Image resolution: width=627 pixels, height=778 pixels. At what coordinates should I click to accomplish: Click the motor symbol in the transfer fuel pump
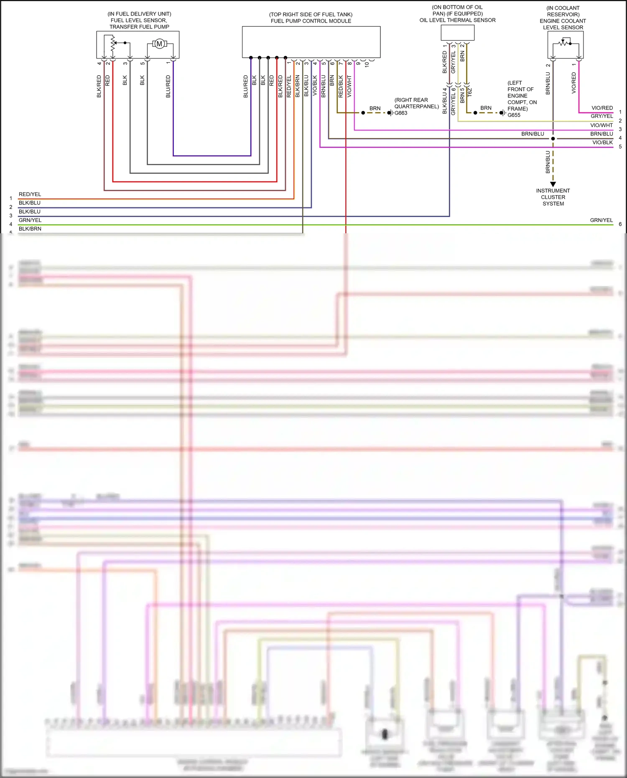(x=159, y=43)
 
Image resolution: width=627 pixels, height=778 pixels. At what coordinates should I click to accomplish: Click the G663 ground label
(x=401, y=113)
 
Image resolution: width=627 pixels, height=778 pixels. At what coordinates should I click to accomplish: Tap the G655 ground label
(x=514, y=115)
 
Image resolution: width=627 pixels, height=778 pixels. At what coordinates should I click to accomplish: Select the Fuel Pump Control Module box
(x=311, y=42)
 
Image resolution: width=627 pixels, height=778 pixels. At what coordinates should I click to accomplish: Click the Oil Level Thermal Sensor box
(x=457, y=33)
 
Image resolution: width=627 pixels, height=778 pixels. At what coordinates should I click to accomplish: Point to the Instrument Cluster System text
(x=553, y=197)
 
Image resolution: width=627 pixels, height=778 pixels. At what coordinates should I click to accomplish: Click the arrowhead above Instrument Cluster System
(x=553, y=184)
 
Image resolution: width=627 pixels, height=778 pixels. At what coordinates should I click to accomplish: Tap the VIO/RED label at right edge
(x=602, y=108)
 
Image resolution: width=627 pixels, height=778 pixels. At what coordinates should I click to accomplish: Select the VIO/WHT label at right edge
(x=601, y=125)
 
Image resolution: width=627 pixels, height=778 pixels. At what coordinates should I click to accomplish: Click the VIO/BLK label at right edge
(x=602, y=143)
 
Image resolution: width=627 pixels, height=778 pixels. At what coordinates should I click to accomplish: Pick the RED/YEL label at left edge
(x=30, y=194)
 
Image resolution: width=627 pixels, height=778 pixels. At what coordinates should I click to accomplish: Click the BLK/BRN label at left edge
(x=30, y=229)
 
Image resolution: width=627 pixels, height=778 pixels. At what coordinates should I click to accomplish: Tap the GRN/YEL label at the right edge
(x=601, y=220)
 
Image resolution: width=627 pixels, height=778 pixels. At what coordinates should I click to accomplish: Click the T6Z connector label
(x=470, y=92)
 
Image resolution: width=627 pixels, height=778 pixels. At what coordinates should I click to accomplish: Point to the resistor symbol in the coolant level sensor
(x=565, y=42)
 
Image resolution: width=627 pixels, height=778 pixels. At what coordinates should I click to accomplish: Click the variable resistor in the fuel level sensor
(x=113, y=44)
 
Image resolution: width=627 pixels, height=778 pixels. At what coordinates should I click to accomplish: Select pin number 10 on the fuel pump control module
(x=367, y=64)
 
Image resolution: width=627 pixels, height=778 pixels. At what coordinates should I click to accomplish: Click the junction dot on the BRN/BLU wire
(x=553, y=138)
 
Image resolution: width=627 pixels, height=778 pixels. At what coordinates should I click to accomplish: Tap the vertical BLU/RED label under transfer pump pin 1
(x=168, y=87)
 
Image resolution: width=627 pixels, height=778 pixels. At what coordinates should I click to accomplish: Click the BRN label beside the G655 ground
(x=486, y=108)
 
